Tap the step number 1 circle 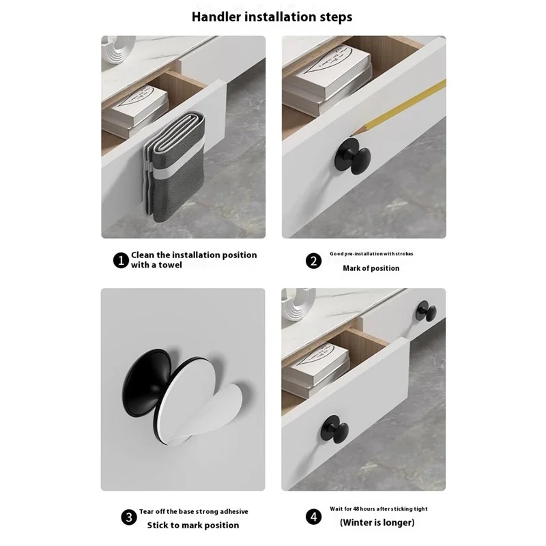tap(120, 260)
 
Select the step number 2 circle tap(313, 260)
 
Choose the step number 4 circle tap(313, 517)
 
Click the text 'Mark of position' tap(371, 268)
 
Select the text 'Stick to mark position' tap(194, 525)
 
